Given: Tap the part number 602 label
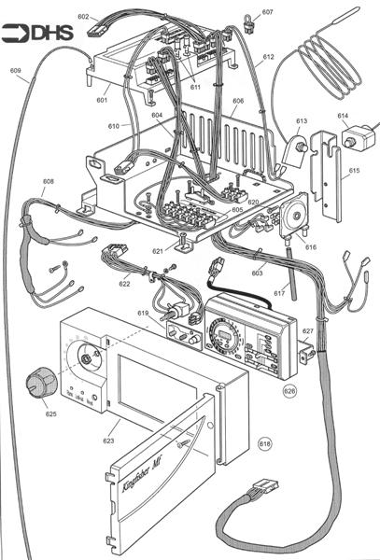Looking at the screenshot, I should click(x=83, y=17).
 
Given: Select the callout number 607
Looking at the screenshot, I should click(x=267, y=12).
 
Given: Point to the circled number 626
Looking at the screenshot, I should click(x=292, y=392).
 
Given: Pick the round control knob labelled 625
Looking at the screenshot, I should click(x=39, y=384).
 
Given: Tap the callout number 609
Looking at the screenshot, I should click(x=16, y=71).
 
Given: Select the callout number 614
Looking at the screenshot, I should click(x=343, y=117).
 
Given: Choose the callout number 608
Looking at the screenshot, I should click(x=49, y=181).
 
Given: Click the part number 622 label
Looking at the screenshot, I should click(x=124, y=283).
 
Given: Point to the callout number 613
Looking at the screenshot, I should click(x=301, y=120).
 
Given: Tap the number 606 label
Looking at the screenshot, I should click(x=238, y=100).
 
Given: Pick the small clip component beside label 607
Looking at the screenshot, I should click(x=250, y=21).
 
